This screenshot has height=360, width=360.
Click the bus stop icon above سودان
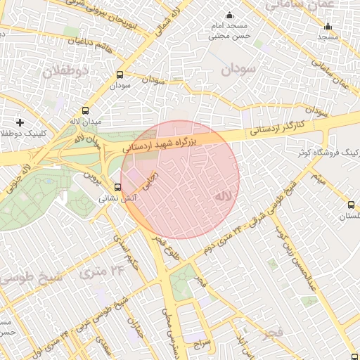click(120, 74)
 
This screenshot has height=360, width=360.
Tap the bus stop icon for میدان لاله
click(86, 111)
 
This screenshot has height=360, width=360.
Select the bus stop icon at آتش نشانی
click(117, 187)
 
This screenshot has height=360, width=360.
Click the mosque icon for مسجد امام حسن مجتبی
click(228, 15)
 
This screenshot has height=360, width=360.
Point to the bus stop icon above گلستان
click(351, 205)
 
